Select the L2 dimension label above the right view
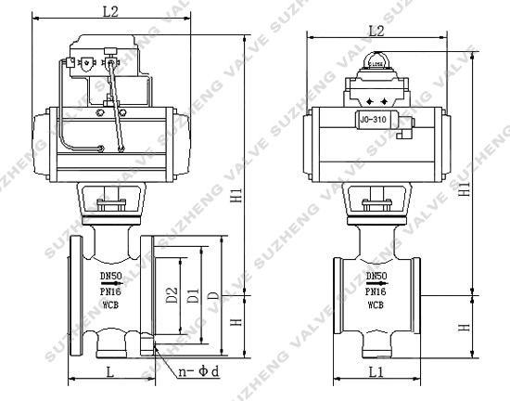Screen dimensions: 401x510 point(376,30)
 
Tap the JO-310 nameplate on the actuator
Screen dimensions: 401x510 point(374,119)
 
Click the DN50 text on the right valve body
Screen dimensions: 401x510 point(376,276)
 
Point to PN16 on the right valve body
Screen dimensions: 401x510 point(376,290)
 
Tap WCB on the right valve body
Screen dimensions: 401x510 point(376,304)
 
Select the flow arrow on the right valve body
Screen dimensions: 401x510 point(376,282)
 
